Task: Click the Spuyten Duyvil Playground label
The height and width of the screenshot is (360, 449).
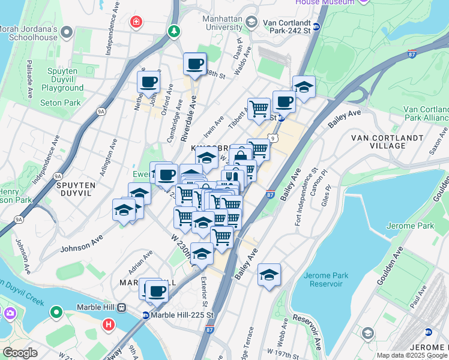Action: (62, 79)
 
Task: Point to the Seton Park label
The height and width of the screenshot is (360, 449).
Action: (60, 103)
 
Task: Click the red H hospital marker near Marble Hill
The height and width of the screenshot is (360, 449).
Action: (108, 325)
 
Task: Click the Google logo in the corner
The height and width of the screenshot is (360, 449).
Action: (20, 353)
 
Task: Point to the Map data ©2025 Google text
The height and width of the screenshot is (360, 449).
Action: (411, 355)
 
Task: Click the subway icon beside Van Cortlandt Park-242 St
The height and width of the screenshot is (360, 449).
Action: (316, 26)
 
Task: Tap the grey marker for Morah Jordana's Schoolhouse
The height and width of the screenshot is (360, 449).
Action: (67, 31)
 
